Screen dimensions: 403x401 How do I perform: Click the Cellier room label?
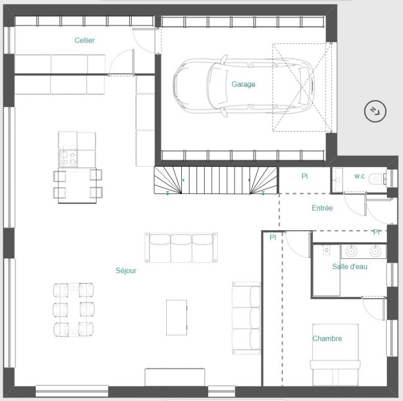[x=85, y=40]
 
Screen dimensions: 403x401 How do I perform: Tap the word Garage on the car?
[x=243, y=84]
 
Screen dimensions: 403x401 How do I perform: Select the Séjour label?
[x=126, y=271]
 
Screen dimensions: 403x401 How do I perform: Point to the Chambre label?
[x=327, y=338]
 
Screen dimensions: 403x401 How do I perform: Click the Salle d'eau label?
[x=350, y=266]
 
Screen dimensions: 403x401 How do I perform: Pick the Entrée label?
[x=322, y=208]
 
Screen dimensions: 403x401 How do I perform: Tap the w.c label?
[x=359, y=176]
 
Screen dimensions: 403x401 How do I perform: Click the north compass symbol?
[x=375, y=111]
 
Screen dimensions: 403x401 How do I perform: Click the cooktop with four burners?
[x=68, y=158]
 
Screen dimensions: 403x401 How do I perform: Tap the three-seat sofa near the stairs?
[x=181, y=247]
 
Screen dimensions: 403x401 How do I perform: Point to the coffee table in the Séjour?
[x=177, y=317]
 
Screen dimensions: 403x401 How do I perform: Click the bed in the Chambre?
[x=335, y=355]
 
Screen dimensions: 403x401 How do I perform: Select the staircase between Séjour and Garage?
[x=216, y=180]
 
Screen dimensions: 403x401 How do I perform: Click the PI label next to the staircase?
[x=305, y=176]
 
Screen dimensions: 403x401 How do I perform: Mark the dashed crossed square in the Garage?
[x=302, y=87]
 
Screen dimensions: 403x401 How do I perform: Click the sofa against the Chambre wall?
[x=246, y=318]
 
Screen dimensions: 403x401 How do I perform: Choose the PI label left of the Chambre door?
[x=273, y=237]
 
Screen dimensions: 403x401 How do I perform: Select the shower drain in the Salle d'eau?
[x=326, y=250]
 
